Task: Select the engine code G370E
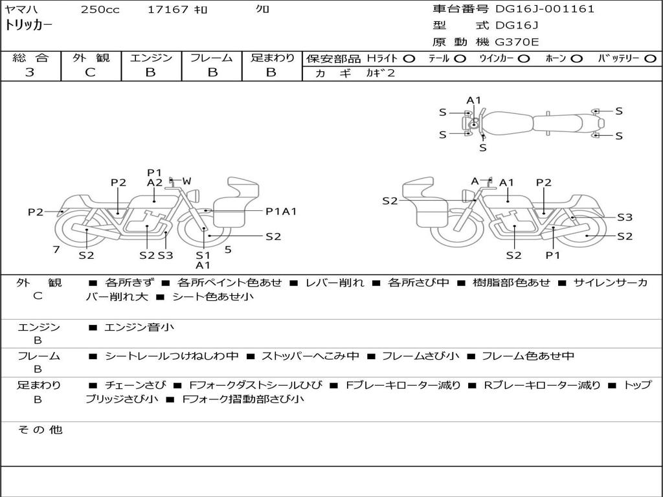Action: (517, 42)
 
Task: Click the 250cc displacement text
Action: (100, 10)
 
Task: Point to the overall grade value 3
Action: (30, 72)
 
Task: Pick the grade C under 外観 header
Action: (91, 72)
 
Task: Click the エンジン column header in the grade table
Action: (151, 58)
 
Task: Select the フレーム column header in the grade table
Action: (212, 58)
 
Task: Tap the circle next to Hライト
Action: (409, 59)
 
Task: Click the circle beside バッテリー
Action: (650, 59)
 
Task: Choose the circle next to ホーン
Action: (576, 59)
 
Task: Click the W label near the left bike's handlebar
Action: (186, 181)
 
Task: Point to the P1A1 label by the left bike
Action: (281, 211)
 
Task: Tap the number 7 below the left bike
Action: (56, 249)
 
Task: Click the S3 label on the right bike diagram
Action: (624, 217)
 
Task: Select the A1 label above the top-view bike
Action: (474, 100)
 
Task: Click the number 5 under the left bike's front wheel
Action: (228, 249)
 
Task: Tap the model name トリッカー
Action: (28, 26)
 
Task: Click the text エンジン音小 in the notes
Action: (139, 327)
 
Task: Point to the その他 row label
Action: (39, 430)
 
